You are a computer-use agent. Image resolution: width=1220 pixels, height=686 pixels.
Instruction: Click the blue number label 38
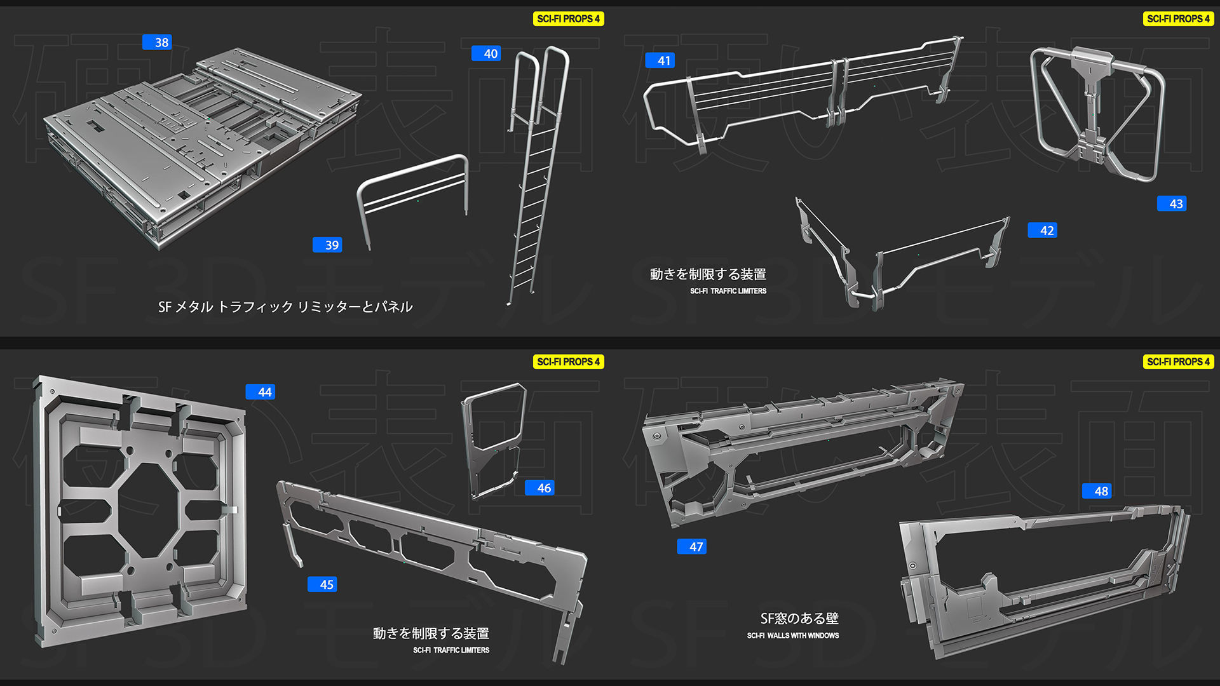[x=157, y=43]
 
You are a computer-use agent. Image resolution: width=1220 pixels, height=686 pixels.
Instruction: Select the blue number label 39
[x=327, y=245]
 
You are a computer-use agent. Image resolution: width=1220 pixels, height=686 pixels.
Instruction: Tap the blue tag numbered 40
[x=486, y=54]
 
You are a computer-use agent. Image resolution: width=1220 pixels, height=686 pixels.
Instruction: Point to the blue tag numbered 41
[x=660, y=61]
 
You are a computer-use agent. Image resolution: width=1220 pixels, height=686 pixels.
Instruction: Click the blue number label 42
[x=1043, y=231]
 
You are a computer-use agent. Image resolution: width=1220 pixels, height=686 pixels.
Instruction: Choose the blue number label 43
[x=1172, y=204]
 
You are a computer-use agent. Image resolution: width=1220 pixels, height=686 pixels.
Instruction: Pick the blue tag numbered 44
[x=261, y=393]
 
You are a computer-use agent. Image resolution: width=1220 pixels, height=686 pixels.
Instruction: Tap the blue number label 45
[x=322, y=584]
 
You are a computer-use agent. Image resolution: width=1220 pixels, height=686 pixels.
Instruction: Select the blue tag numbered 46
[x=539, y=488]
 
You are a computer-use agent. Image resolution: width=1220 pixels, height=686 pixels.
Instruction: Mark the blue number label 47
[x=692, y=547]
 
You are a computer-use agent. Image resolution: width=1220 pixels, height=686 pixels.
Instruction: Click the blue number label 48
[x=1097, y=491]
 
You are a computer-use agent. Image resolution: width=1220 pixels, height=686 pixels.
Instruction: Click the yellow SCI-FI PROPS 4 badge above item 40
[x=568, y=19]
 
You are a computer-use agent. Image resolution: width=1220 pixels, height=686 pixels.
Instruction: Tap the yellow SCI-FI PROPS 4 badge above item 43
[x=1178, y=19]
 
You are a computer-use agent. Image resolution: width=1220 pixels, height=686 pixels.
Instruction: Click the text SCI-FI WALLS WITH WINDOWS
[x=792, y=636]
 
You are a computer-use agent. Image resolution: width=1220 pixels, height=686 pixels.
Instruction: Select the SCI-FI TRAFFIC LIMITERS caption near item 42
[x=728, y=291]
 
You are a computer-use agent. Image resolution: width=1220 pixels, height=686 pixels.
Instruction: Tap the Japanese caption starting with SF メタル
[x=285, y=307]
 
